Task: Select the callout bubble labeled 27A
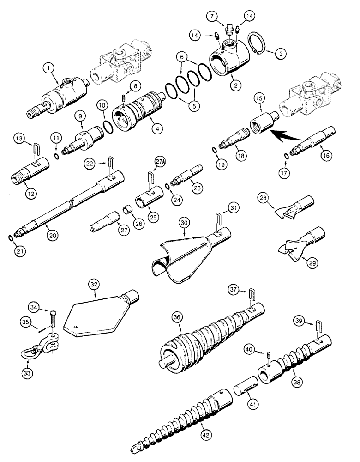point(160,162)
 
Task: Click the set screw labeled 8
point(123,99)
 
